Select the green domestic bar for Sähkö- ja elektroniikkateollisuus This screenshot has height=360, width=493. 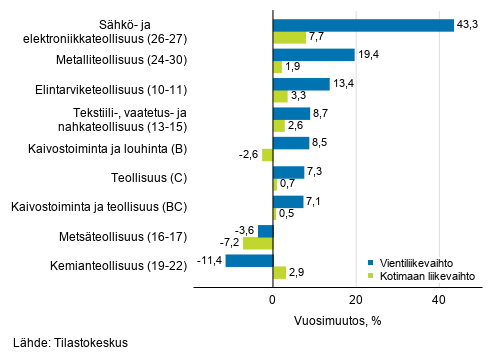(x=289, y=37)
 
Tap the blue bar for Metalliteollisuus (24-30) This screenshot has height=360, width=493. (x=313, y=55)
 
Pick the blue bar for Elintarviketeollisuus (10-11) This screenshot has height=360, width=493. (x=301, y=84)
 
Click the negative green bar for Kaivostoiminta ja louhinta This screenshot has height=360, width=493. (x=267, y=155)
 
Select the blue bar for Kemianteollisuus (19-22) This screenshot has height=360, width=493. (x=249, y=260)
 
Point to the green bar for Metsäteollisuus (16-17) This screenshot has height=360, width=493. (x=258, y=243)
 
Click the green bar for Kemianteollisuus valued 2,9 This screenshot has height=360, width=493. (x=279, y=272)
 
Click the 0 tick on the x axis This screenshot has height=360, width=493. (x=273, y=299)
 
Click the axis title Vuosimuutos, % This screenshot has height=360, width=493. (x=339, y=320)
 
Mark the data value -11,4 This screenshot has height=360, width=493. (x=207, y=260)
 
